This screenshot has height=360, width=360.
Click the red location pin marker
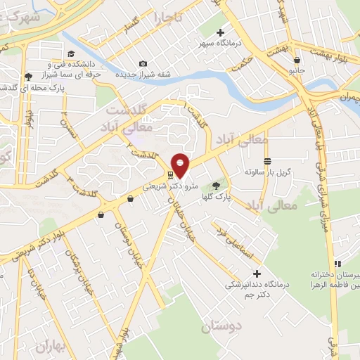[181, 165]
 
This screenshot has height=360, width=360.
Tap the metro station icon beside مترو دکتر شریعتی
[170, 175]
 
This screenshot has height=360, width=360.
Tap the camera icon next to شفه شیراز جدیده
[143, 64]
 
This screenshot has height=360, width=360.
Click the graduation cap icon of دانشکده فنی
[70, 53]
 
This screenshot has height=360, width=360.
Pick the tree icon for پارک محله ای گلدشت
[28, 77]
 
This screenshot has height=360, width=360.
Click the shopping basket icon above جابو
[297, 60]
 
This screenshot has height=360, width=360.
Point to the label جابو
[297, 71]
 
